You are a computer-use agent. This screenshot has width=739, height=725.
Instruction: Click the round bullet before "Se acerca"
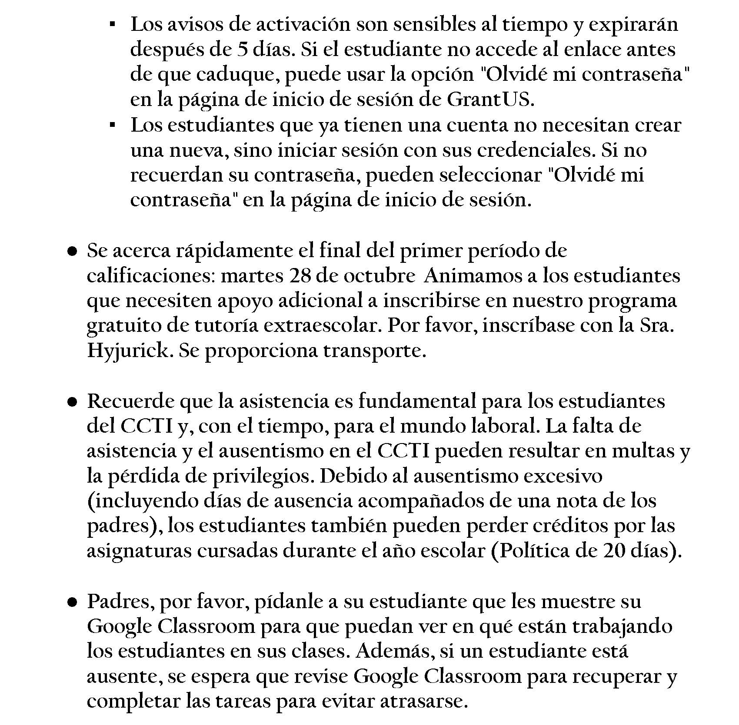click(73, 252)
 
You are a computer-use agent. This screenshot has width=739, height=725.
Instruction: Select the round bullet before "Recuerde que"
click(73, 402)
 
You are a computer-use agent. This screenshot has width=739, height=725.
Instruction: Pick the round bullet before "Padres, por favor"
click(73, 602)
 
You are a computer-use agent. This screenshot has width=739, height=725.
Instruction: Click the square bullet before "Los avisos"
click(112, 25)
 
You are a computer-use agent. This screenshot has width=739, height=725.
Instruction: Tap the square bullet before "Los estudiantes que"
click(112, 126)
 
